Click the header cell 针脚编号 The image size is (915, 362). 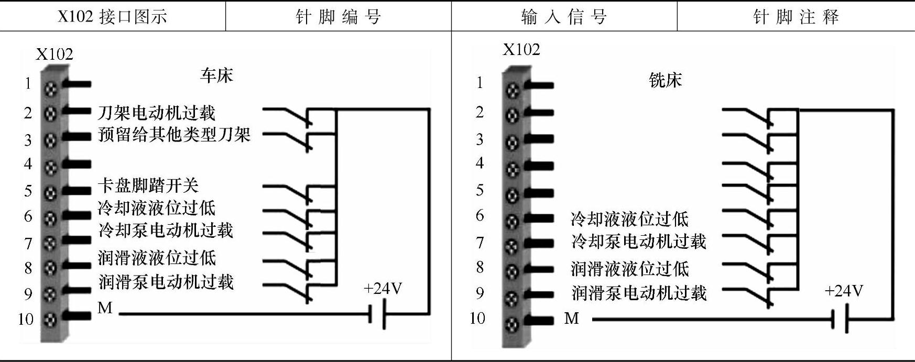point(338,17)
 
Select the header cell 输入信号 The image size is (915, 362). point(564,17)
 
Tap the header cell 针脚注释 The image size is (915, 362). point(796,17)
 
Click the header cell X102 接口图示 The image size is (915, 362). point(112,17)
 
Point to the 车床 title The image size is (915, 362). point(216,75)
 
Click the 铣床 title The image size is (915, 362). point(665,80)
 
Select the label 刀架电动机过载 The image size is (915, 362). point(156,113)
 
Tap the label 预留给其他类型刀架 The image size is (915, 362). point(174,135)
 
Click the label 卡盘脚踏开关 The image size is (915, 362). point(148,185)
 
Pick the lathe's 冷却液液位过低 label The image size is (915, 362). point(156,208)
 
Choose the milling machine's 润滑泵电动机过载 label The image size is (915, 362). point(639,292)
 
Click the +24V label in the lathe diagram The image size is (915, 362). point(383,289)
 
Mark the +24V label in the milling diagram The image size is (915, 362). point(843,291)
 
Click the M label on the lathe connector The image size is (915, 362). point(105,308)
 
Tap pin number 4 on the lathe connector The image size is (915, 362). point(28,164)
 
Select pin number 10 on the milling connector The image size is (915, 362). point(477,318)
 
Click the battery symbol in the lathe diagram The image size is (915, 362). point(377,314)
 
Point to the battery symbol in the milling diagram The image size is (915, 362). point(840,319)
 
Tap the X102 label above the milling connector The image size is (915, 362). point(521,49)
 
